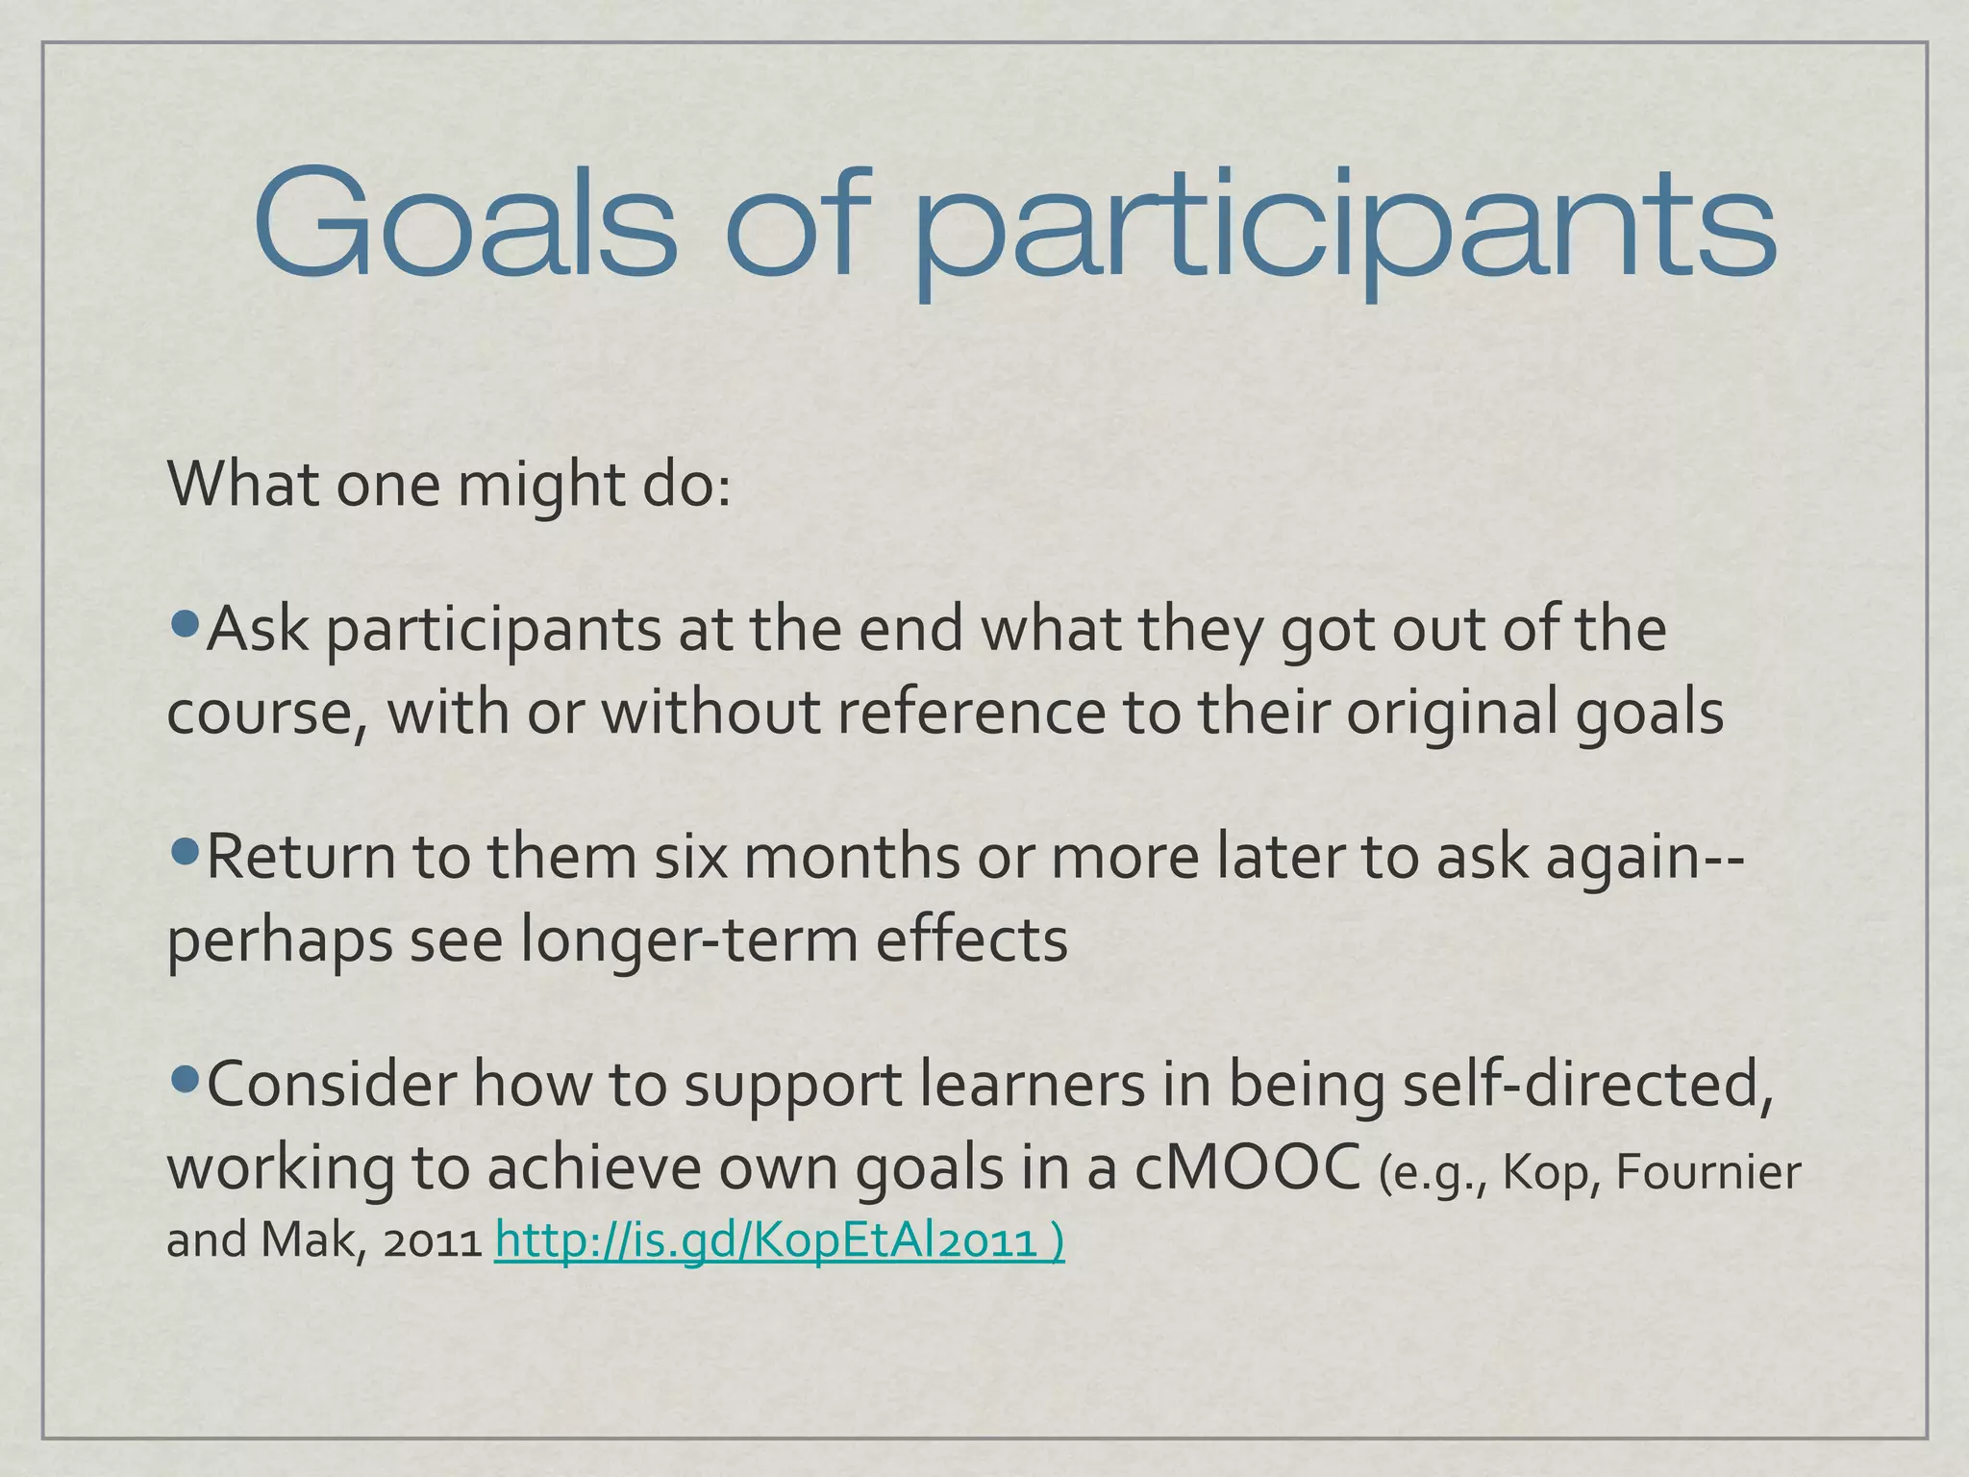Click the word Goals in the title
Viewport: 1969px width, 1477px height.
point(465,223)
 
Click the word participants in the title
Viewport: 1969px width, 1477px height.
point(1346,231)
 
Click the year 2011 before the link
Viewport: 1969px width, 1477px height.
point(432,1242)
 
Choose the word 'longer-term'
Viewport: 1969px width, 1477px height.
point(688,939)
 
